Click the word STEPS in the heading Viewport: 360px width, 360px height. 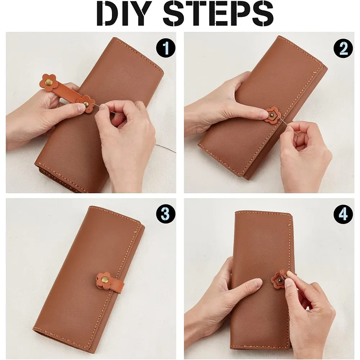click(x=218, y=14)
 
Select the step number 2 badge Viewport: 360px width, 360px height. click(x=343, y=49)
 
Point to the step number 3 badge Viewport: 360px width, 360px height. click(x=166, y=214)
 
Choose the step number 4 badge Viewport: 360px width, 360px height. click(x=343, y=214)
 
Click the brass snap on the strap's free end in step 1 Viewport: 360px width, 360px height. click(x=49, y=82)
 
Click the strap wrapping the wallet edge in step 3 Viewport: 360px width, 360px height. click(x=118, y=285)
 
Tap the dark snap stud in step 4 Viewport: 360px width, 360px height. click(x=281, y=280)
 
